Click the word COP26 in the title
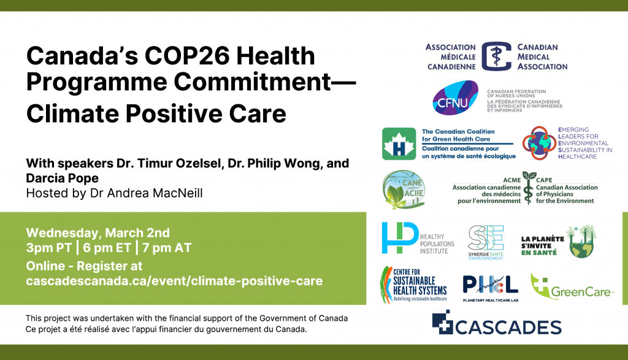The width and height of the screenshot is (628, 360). coord(187,56)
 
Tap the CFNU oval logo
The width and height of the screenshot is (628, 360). coord(456,98)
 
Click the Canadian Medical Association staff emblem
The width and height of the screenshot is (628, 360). coord(496,56)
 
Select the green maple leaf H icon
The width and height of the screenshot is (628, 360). coord(399,144)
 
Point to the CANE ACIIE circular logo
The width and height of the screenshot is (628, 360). coord(404,190)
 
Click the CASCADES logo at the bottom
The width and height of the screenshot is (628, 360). coord(497,323)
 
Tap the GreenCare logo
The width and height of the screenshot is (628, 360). coord(572,287)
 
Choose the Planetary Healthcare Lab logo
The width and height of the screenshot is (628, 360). coord(491,288)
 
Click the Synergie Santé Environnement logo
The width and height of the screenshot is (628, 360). coord(486,242)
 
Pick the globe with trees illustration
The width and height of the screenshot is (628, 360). coord(581,242)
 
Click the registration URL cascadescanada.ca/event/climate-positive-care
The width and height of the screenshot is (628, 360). coord(174,281)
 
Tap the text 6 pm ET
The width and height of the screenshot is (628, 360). coord(107,248)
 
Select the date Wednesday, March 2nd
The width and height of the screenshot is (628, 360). coord(98,232)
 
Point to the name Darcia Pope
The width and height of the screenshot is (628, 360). coord(62,178)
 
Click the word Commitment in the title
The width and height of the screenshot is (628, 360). coord(252,82)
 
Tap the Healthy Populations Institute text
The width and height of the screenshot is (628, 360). coord(437,244)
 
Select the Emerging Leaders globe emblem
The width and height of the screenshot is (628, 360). coord(539,144)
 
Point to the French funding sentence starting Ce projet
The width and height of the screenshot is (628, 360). coord(166,329)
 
